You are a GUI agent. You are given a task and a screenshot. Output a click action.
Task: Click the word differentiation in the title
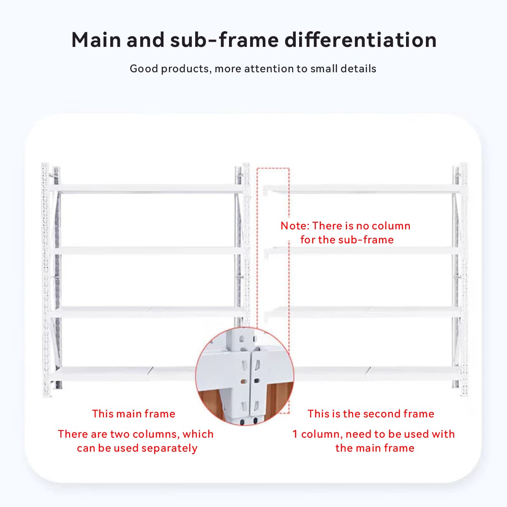click(x=360, y=40)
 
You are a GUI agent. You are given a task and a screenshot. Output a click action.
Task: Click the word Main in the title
click(x=96, y=40)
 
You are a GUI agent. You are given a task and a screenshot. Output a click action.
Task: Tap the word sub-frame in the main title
click(x=224, y=40)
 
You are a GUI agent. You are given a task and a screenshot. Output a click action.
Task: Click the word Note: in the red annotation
click(x=294, y=226)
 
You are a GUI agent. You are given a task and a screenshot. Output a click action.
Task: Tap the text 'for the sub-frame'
click(x=347, y=240)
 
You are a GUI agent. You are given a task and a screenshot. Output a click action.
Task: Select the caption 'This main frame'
click(x=134, y=414)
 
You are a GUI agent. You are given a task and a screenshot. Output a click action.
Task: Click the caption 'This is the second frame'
click(x=371, y=414)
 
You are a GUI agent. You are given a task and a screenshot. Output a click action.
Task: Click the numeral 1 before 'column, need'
click(x=295, y=434)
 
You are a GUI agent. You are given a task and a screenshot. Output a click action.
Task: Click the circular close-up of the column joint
click(x=245, y=376)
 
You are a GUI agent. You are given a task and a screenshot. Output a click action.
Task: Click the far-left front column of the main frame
click(x=46, y=280)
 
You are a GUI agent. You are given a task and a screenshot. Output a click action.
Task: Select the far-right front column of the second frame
click(x=463, y=280)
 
